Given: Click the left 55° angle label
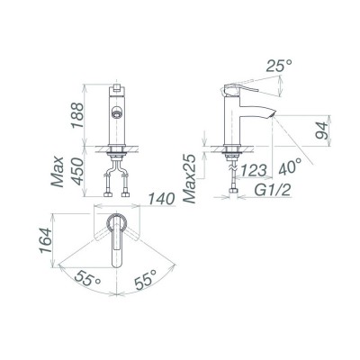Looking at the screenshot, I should click(x=87, y=281).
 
